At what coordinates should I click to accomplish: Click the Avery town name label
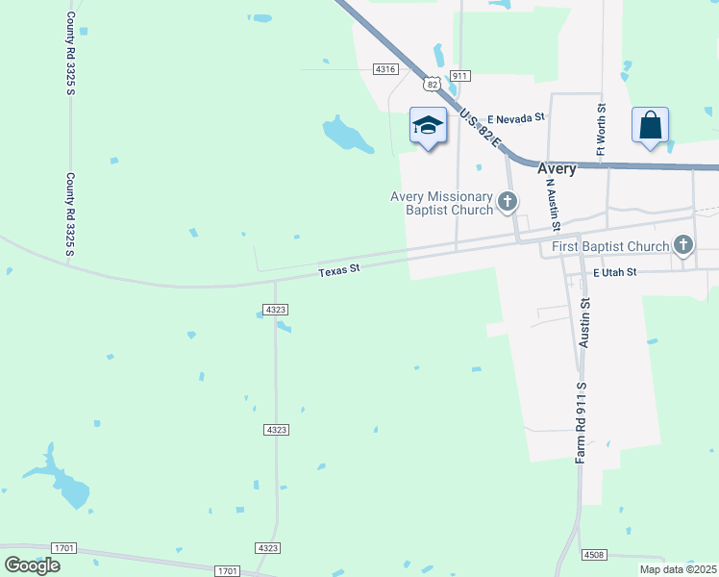(557, 168)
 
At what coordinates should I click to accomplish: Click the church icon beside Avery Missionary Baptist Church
(508, 202)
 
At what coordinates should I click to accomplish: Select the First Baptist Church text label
(610, 246)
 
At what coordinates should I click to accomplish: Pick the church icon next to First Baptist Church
(683, 245)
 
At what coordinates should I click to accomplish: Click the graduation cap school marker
(428, 126)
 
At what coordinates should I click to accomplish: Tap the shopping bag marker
(650, 126)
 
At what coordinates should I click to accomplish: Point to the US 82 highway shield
(433, 84)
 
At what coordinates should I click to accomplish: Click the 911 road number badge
(459, 76)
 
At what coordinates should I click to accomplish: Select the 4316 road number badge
(385, 69)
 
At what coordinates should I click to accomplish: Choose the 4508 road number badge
(594, 555)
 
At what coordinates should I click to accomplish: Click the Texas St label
(338, 271)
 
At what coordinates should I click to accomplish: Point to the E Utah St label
(615, 273)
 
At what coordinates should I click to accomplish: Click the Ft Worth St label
(601, 129)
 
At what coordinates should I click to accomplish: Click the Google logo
(33, 564)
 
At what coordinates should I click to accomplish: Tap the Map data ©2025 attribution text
(677, 569)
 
